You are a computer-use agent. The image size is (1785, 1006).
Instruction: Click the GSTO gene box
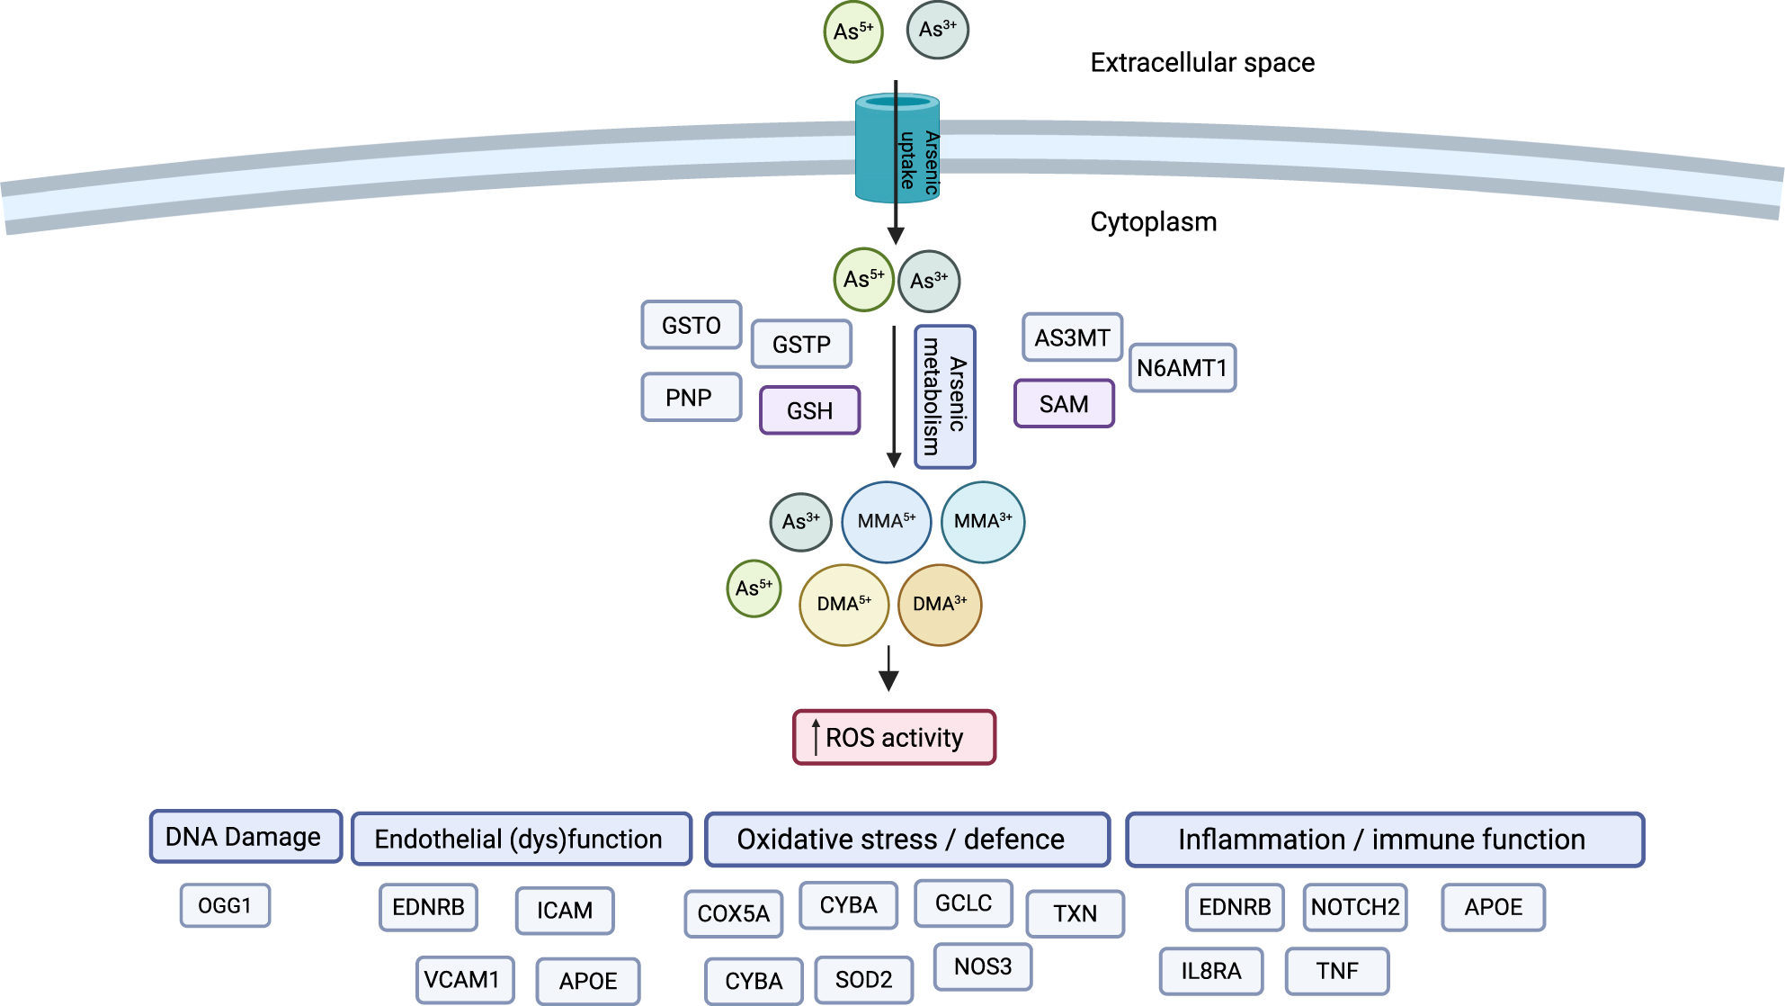click(691, 325)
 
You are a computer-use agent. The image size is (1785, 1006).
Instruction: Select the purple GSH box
click(809, 410)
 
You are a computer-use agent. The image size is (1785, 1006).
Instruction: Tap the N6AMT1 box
click(1182, 368)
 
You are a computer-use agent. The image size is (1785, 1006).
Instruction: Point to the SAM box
click(1064, 404)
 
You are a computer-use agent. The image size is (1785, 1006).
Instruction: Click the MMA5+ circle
click(886, 522)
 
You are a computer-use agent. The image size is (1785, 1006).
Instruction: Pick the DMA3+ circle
click(940, 605)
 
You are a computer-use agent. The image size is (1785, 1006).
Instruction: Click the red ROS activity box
click(894, 738)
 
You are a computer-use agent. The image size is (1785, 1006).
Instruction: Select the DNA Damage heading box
click(245, 837)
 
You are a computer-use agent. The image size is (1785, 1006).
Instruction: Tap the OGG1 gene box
click(225, 905)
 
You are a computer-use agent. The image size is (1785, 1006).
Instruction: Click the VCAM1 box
click(464, 980)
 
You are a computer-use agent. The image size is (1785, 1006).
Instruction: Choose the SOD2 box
click(863, 980)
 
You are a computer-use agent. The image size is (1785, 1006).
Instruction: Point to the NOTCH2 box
click(1354, 907)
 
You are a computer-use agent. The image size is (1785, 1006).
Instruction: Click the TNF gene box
click(1336, 971)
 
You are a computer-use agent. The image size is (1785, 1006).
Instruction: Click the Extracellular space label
click(1201, 63)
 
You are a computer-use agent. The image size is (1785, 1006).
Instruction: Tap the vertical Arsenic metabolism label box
click(944, 397)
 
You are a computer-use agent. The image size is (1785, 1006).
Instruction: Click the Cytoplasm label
click(1153, 222)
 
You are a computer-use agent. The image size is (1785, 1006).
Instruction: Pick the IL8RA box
click(1210, 971)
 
